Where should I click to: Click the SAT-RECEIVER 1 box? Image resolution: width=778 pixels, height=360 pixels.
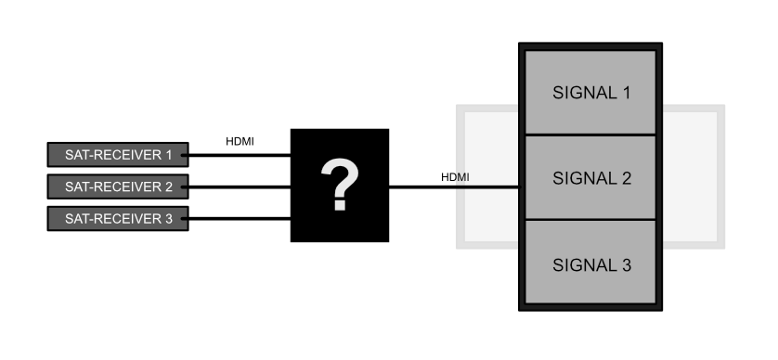pyautogui.click(x=117, y=153)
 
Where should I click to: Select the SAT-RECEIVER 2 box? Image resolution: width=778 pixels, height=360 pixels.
pyautogui.click(x=117, y=186)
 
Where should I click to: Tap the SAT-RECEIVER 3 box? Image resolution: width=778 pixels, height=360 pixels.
pyautogui.click(x=117, y=219)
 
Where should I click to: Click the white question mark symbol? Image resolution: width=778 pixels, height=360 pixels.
pyautogui.click(x=340, y=185)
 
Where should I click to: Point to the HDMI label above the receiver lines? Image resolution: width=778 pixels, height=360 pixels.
pyautogui.click(x=240, y=142)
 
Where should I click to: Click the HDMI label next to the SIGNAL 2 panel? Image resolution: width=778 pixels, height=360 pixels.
pyautogui.click(x=455, y=176)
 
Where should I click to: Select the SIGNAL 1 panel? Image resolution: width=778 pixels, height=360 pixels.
pyautogui.click(x=591, y=92)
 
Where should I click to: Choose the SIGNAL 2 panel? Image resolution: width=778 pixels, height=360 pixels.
pyautogui.click(x=591, y=177)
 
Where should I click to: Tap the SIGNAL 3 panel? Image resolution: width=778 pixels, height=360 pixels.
pyautogui.click(x=591, y=264)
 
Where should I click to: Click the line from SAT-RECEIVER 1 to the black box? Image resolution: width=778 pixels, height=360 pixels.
pyautogui.click(x=239, y=154)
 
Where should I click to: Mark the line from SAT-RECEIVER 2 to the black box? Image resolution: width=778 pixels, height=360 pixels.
pyautogui.click(x=239, y=186)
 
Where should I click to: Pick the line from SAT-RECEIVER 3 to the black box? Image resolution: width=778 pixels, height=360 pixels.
pyautogui.click(x=239, y=219)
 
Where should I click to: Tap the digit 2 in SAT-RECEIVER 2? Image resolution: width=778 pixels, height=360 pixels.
pyautogui.click(x=168, y=186)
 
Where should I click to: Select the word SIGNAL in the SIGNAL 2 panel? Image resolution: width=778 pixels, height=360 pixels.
pyautogui.click(x=582, y=177)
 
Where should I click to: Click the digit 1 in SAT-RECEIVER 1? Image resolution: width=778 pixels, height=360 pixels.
pyautogui.click(x=168, y=153)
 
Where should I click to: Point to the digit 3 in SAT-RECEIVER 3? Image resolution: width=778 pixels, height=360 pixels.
pyautogui.click(x=168, y=219)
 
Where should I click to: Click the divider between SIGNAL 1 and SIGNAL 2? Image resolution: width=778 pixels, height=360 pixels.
pyautogui.click(x=591, y=135)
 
